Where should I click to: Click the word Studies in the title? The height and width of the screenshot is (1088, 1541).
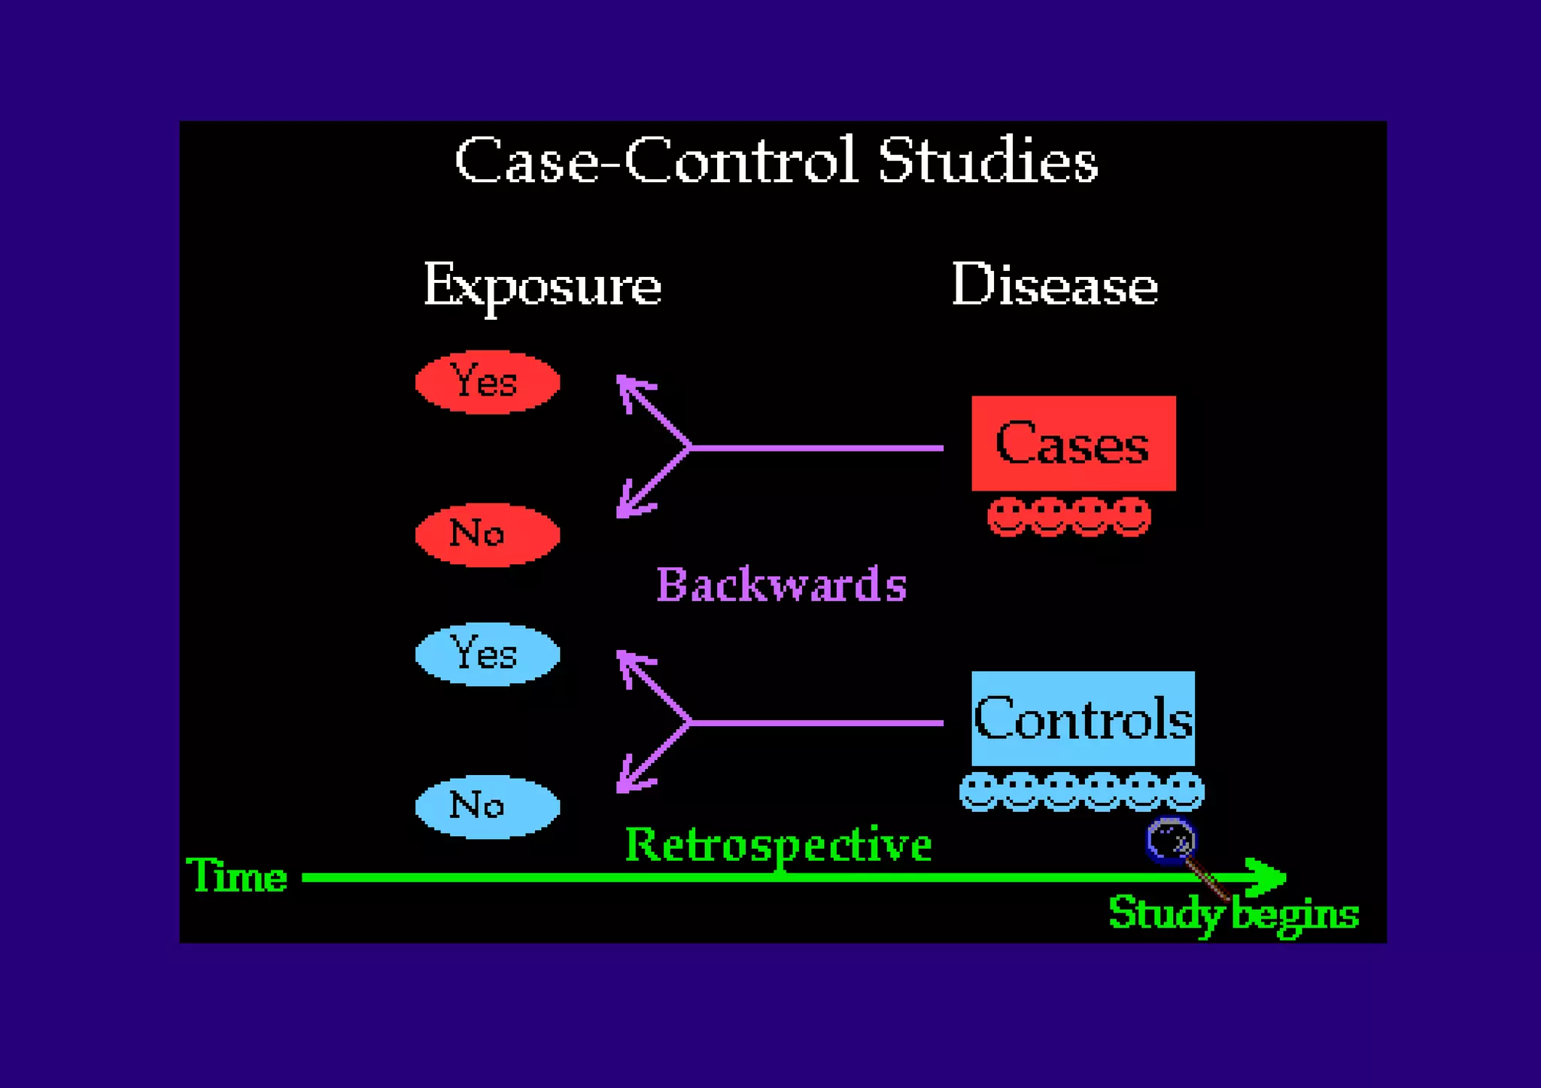click(x=987, y=160)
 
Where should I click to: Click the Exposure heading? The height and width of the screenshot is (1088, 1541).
click(x=542, y=286)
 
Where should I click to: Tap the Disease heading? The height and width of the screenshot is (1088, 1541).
click(x=1054, y=286)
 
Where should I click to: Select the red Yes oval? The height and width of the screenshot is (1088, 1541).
click(x=487, y=381)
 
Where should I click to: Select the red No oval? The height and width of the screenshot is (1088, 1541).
click(x=487, y=534)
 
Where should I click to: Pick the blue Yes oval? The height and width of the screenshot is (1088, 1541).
click(x=487, y=654)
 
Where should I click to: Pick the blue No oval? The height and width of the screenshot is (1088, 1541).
click(x=487, y=807)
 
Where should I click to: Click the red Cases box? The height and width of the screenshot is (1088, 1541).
click(x=1073, y=443)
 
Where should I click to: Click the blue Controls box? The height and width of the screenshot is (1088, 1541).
click(x=1082, y=719)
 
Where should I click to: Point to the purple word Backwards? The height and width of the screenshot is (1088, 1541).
click(x=781, y=585)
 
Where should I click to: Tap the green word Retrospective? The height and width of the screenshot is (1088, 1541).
click(x=778, y=845)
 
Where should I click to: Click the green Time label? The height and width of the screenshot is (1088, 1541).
click(x=236, y=876)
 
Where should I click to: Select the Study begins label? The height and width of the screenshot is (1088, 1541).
click(x=1233, y=914)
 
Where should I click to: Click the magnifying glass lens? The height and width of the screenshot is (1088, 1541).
click(x=1169, y=840)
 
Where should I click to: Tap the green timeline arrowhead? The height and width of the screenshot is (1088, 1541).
click(x=1268, y=877)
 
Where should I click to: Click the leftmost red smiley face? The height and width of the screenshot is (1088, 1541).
click(x=1007, y=517)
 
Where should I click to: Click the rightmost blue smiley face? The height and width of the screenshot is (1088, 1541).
click(x=1184, y=791)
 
